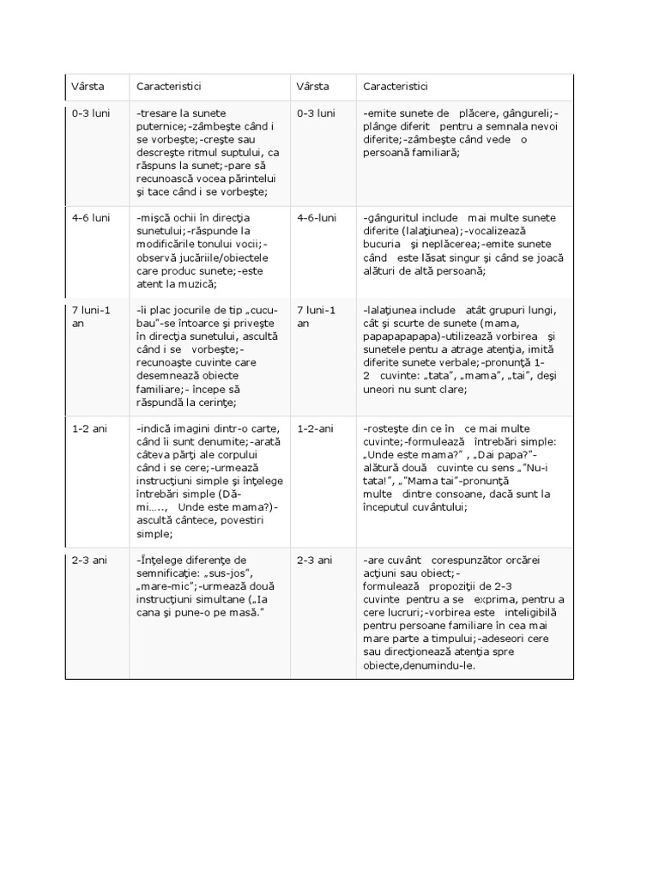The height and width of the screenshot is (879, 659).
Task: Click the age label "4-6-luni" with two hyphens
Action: [x=316, y=218]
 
